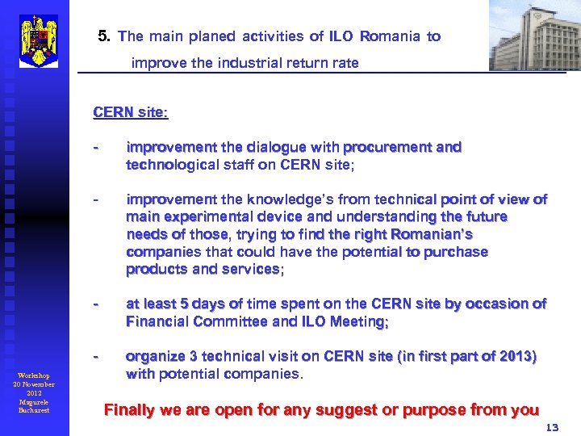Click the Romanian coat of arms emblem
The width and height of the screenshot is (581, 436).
coord(38,40)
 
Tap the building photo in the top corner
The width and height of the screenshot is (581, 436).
coord(534,36)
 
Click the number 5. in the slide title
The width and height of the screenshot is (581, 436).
coord(103,36)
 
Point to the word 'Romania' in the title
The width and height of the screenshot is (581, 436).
coord(391,36)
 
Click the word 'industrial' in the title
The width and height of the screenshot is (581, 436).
coord(259,62)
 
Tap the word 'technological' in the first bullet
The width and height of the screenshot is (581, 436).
coord(172,164)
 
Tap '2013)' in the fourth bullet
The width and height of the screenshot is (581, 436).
coord(519,356)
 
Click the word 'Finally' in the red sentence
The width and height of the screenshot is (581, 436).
coord(132,410)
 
